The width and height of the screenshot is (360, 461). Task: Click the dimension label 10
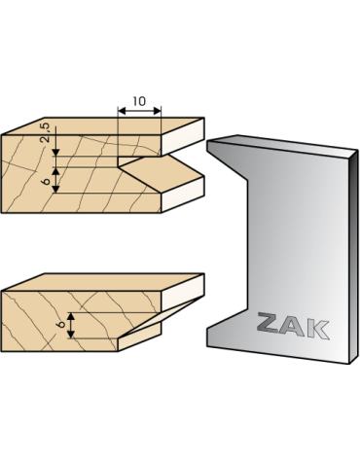[x=139, y=101]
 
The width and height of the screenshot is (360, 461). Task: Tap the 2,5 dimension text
[x=46, y=132]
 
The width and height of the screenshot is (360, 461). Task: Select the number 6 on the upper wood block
[x=47, y=181]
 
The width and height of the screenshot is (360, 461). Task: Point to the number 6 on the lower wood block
[x=61, y=324]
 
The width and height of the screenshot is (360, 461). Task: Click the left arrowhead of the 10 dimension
[x=122, y=111]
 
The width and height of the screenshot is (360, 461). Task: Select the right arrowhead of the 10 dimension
[x=158, y=111]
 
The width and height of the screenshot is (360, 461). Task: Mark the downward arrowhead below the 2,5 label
[x=56, y=152]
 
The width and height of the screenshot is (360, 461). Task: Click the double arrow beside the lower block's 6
[x=71, y=326]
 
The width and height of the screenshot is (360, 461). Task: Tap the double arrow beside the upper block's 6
[x=56, y=180]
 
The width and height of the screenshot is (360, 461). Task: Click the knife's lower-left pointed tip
[x=207, y=328]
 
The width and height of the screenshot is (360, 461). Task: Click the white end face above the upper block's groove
[x=183, y=136]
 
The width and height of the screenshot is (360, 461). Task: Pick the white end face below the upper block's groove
[x=183, y=195]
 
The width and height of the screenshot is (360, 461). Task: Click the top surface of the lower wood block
[x=103, y=282]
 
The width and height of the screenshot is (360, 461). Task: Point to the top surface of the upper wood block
[x=103, y=126]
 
